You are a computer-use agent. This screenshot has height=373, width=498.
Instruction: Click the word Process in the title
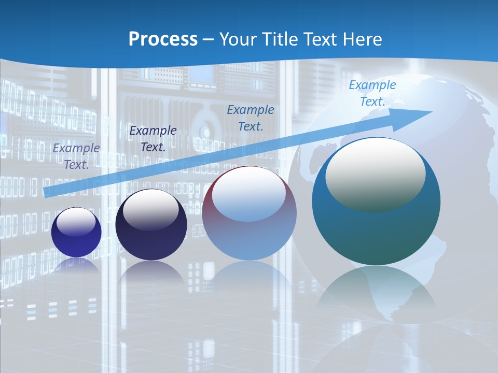pyautogui.click(x=163, y=39)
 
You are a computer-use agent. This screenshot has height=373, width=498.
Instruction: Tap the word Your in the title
pyautogui.click(x=239, y=39)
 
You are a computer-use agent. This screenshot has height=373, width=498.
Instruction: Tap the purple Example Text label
pyautogui.click(x=76, y=156)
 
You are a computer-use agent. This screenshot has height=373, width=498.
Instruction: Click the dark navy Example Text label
pyautogui.click(x=153, y=138)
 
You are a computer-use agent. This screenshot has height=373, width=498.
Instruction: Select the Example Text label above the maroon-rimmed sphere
pyautogui.click(x=251, y=118)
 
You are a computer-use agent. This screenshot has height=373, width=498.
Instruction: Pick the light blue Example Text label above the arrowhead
pyautogui.click(x=372, y=93)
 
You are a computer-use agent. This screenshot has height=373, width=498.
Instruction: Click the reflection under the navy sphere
pyautogui.click(x=151, y=272)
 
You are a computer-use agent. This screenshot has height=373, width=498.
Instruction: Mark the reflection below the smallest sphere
pyautogui.click(x=76, y=264)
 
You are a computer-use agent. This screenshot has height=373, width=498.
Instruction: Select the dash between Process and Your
pyautogui.click(x=209, y=39)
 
